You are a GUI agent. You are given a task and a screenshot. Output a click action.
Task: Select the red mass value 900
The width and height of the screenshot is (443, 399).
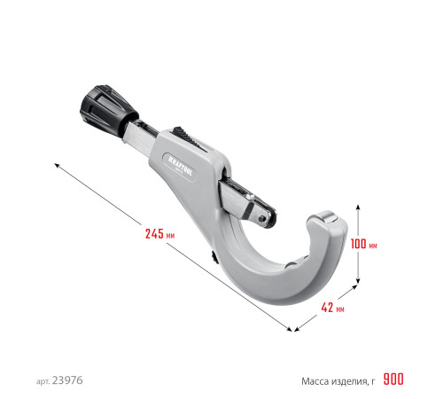coord(393,379)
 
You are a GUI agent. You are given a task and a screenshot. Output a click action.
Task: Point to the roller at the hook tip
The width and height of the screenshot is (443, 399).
coord(323,222)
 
